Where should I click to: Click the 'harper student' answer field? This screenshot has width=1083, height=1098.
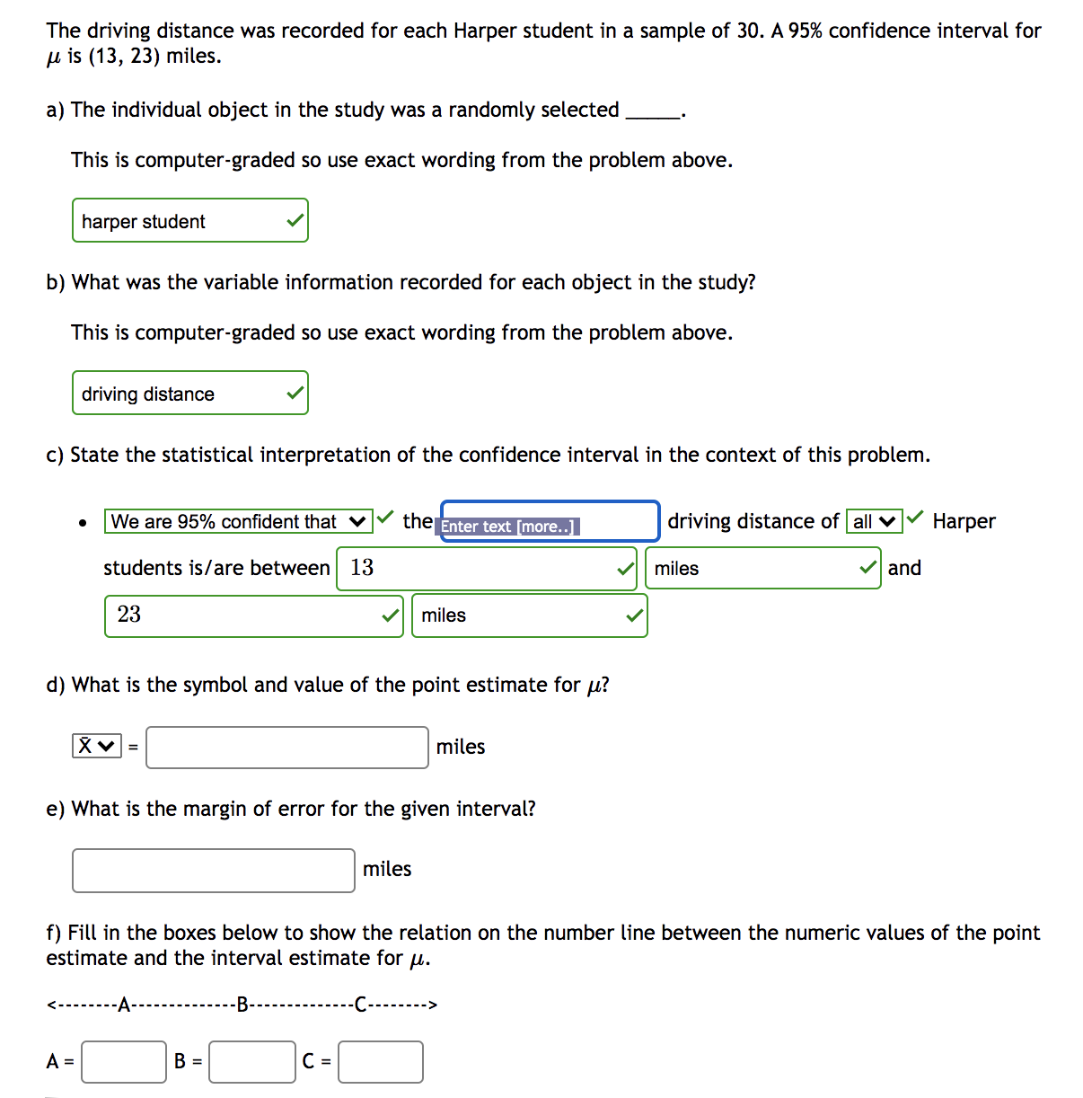pos(180,221)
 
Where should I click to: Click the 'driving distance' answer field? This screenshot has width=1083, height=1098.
pos(180,394)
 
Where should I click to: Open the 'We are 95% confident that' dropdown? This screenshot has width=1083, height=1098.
pos(238,522)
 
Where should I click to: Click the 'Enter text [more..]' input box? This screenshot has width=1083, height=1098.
pos(550,522)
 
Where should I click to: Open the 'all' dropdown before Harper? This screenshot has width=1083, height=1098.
pos(874,522)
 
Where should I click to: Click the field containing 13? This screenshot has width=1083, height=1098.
pos(476,569)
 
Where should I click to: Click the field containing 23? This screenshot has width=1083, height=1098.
pos(242,615)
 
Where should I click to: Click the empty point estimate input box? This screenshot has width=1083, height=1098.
pos(287,748)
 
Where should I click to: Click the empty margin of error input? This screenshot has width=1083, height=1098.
pos(214,871)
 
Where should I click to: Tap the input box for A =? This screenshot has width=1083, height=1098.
pos(124,1062)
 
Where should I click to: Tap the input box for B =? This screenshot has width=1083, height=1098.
pos(252,1062)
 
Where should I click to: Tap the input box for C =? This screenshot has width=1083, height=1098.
pos(381,1062)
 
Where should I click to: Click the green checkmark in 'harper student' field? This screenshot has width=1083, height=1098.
pos(295,221)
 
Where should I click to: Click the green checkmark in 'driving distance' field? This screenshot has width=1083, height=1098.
pos(295,394)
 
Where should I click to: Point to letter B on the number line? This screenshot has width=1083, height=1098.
pos(242,1005)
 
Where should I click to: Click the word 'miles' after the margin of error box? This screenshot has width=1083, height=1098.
pos(387,870)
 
